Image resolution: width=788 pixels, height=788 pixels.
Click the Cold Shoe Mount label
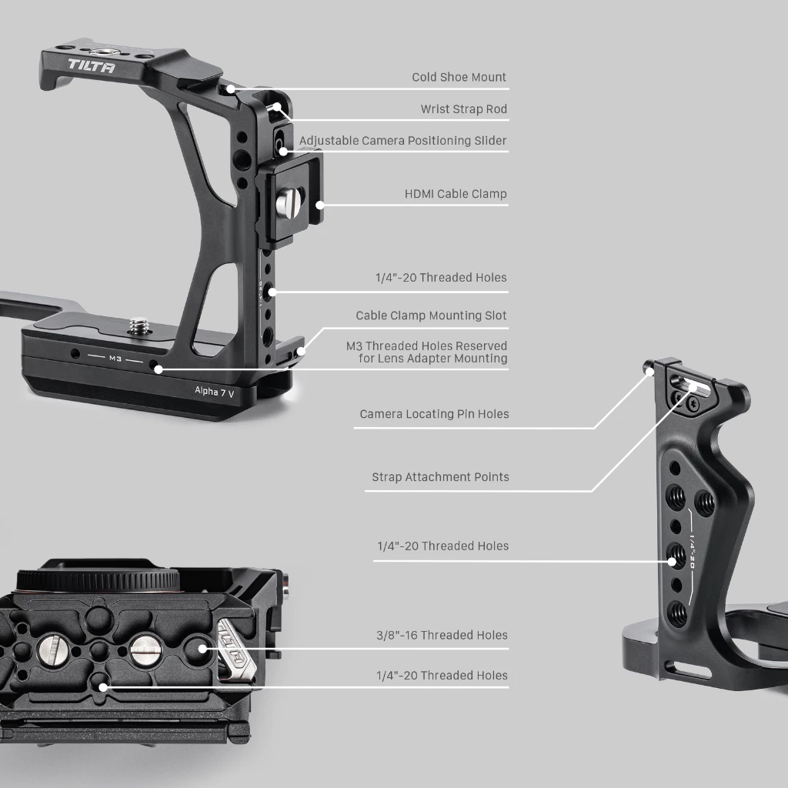pos(459,77)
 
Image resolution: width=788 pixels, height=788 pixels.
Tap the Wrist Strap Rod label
pos(463,109)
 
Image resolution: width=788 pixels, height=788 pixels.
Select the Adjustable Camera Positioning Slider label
pos(402,141)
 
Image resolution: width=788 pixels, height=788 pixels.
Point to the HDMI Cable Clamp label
pos(456,194)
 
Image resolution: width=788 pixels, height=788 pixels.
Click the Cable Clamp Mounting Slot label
pos(431,316)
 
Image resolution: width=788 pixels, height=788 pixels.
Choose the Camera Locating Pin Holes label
pos(434,414)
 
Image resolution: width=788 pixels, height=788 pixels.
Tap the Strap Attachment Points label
pos(440,477)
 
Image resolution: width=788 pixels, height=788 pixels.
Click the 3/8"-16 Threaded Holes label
pos(442,635)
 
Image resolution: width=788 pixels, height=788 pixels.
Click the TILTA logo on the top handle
pos(91,66)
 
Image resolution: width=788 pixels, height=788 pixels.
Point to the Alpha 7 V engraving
pos(215,392)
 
